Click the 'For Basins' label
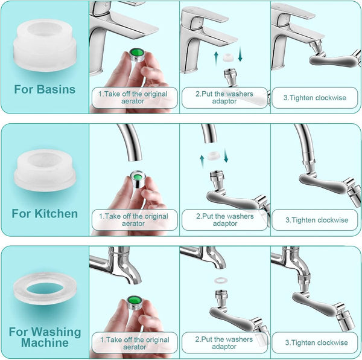click(45, 89)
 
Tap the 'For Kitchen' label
click(45, 213)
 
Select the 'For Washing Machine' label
click(45, 337)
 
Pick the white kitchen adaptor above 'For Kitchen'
click(45, 169)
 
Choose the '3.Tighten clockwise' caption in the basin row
click(315, 97)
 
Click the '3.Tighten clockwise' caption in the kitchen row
click(315, 220)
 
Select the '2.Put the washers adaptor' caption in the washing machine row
click(224, 343)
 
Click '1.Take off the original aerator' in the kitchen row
click(134, 220)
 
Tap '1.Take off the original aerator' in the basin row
click(134, 97)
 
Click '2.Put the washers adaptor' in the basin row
click(224, 97)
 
